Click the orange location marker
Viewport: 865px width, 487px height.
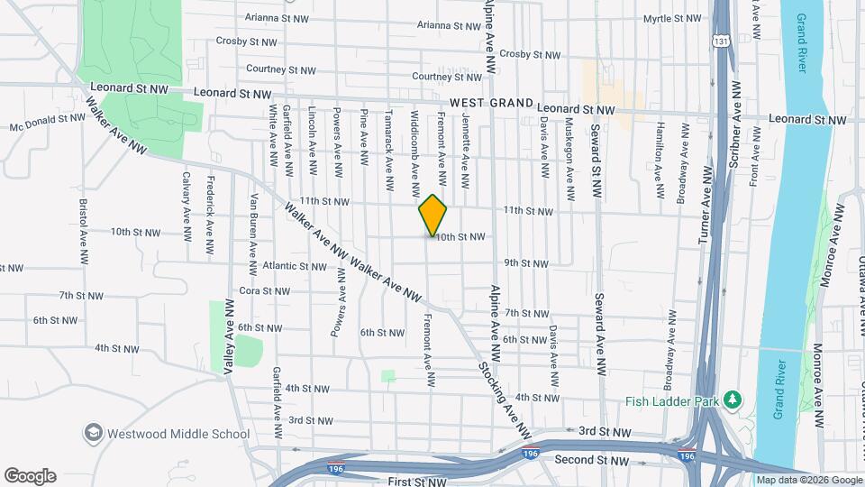[x=432, y=215]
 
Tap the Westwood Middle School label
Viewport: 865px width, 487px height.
[x=178, y=434]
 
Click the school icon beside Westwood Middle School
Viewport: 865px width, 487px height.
[x=92, y=434]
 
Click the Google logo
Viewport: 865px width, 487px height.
[x=30, y=476]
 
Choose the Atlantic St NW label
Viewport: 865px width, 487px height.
[x=295, y=267]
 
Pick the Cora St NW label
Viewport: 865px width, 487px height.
[x=264, y=291]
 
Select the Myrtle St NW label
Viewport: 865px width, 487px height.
[x=672, y=18]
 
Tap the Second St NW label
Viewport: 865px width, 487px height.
[x=591, y=461]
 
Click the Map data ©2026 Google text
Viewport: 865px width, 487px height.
[x=808, y=480]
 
